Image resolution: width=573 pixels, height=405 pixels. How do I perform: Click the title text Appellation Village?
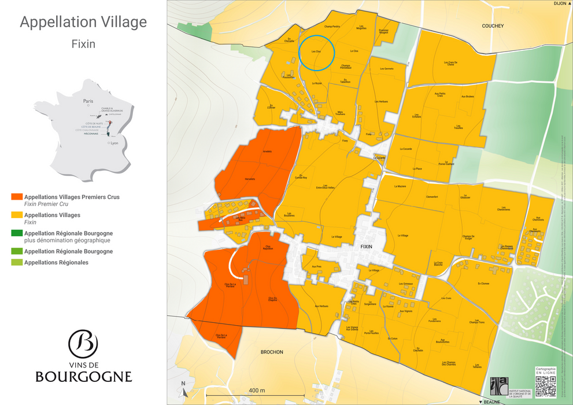coord(83,23)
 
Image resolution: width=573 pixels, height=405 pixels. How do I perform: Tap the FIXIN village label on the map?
coord(367,246)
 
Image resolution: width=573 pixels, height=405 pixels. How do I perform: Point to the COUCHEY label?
coord(493,26)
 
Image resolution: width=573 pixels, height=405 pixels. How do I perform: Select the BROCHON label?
coord(271,352)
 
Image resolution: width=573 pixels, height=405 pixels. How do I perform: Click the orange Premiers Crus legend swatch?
coord(17,197)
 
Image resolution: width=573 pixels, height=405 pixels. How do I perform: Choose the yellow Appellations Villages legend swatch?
coord(17,215)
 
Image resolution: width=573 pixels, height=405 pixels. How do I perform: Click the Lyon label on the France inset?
coord(114,143)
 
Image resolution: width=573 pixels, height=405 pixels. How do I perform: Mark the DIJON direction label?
coord(559,3)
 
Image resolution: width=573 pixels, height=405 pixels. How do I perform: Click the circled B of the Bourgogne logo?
coord(83,344)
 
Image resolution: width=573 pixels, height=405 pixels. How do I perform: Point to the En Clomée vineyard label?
coord(483,283)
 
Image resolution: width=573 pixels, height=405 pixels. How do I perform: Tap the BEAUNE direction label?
coord(492,402)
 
